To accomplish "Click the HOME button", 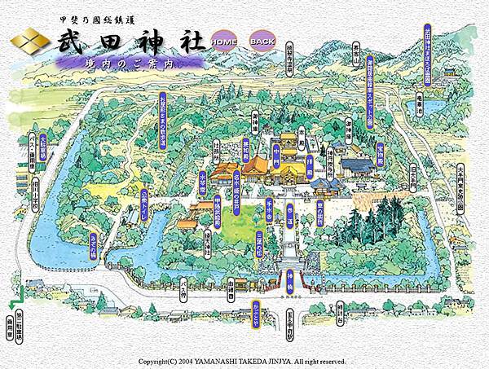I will (x=222, y=41).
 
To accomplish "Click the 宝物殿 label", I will (x=379, y=156).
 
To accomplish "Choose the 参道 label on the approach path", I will (x=289, y=213).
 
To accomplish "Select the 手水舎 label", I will (x=269, y=200).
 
